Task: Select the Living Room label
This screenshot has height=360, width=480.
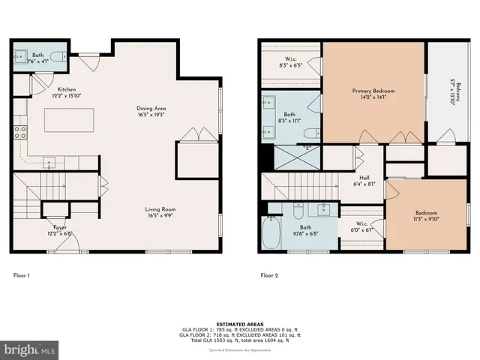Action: (x=160, y=209)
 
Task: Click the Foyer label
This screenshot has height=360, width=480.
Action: (x=59, y=226)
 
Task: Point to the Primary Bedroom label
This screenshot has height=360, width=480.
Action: (x=373, y=91)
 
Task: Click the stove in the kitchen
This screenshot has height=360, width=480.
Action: (x=20, y=132)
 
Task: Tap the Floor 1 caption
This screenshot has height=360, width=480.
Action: (x=22, y=275)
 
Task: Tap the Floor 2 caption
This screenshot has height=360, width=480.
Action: (x=269, y=275)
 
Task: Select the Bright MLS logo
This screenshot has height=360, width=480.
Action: (x=29, y=349)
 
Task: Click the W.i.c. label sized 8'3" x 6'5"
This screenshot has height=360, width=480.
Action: (x=293, y=62)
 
